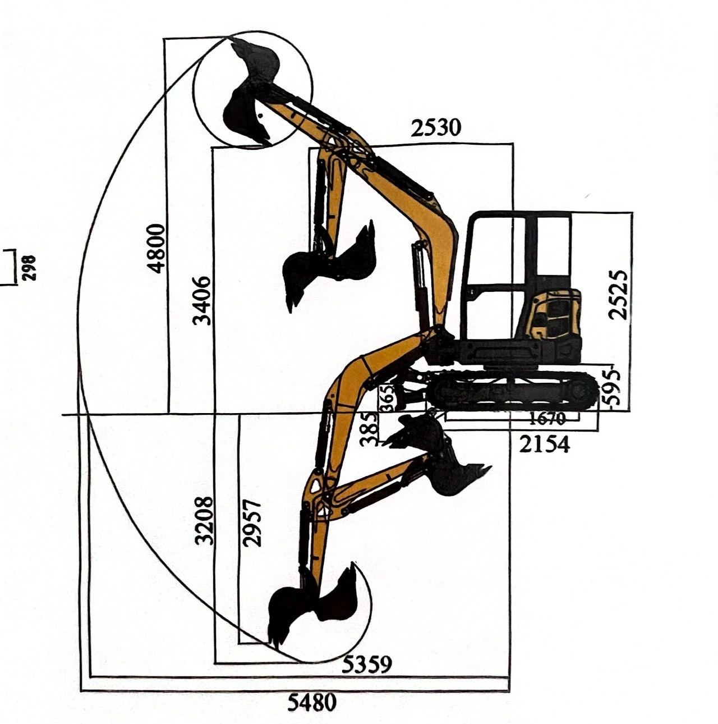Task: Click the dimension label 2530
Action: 436,128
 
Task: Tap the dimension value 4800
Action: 156,248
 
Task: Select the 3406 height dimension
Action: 201,301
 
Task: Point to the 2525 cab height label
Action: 618,295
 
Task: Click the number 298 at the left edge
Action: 29,268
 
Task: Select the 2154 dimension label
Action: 545,445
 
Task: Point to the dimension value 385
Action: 369,429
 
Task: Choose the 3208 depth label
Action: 205,520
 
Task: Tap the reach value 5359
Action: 366,664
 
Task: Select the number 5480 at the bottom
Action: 312,702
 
